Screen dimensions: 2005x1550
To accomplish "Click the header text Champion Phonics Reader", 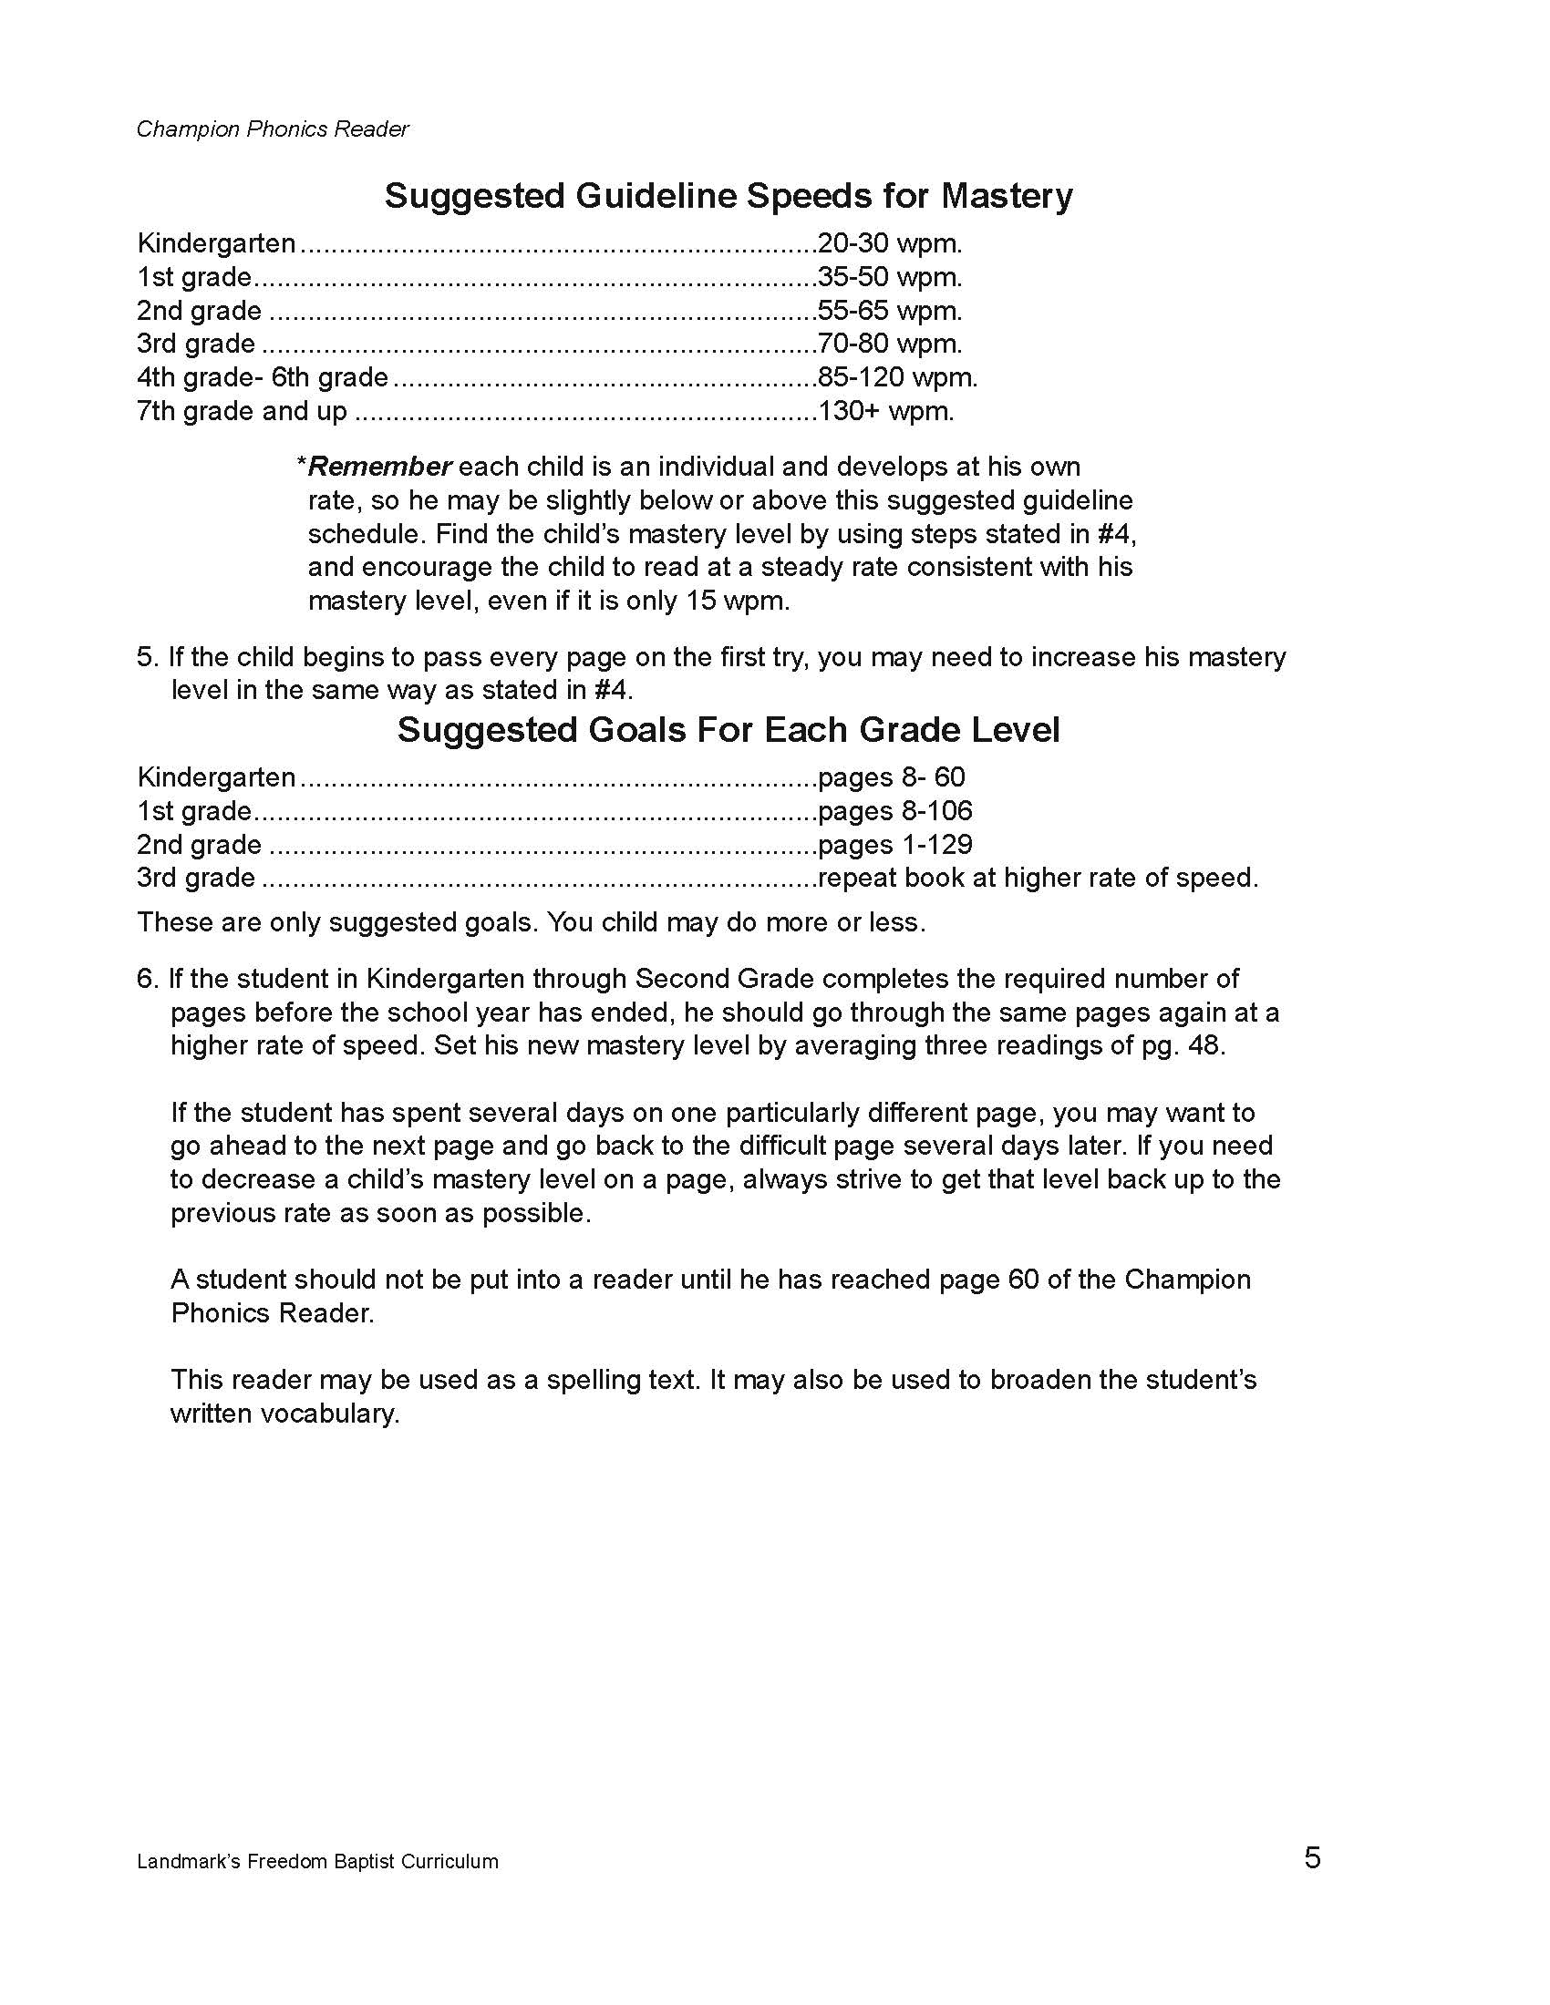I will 273,129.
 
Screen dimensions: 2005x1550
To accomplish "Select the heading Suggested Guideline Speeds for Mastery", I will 728,197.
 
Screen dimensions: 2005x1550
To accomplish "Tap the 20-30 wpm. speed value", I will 890,243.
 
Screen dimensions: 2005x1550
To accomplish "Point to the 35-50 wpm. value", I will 890,277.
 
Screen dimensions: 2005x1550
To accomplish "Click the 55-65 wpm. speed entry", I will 890,310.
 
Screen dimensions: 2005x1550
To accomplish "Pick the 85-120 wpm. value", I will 897,377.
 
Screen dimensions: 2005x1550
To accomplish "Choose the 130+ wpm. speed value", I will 886,410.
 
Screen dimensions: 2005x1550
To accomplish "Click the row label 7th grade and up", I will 243,410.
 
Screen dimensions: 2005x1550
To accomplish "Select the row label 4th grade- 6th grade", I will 263,377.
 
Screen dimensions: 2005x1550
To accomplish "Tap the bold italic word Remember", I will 380,467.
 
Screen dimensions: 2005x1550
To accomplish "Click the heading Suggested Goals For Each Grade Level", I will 728,730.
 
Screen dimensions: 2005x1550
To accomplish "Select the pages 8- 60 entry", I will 892,777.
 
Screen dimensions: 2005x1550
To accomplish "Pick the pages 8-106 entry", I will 895,810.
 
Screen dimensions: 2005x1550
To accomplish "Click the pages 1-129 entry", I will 895,845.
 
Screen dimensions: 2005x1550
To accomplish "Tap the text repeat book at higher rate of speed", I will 1038,878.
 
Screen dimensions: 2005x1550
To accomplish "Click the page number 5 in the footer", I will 1312,1858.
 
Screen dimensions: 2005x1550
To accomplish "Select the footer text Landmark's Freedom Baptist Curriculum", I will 317,1862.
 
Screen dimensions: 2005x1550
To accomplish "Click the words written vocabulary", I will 284,1413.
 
